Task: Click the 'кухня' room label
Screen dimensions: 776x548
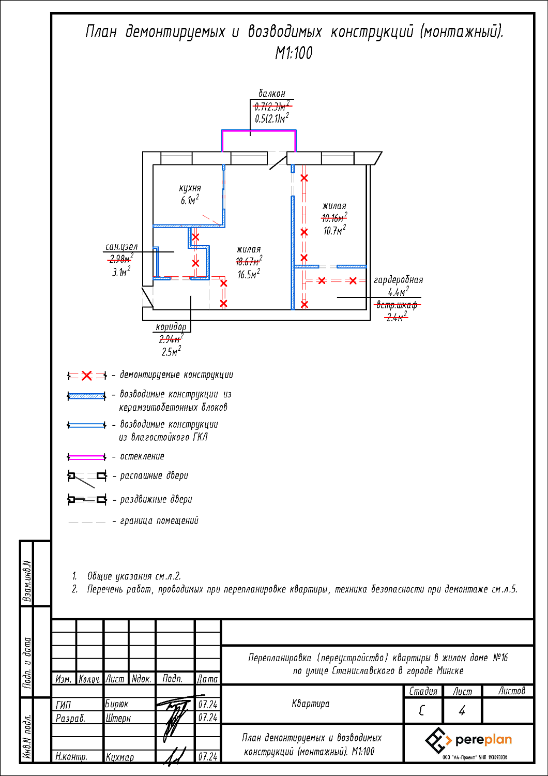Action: [x=190, y=188]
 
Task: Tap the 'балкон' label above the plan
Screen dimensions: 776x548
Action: [x=272, y=94]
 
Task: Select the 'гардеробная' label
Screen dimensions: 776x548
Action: [x=398, y=280]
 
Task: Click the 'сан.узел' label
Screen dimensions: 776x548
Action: [x=121, y=247]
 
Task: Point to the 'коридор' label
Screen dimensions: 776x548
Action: [x=171, y=327]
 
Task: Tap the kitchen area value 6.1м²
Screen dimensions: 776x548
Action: [x=190, y=200]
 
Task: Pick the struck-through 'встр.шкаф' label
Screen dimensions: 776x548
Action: [x=397, y=305]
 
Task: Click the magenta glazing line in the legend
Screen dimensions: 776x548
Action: [x=86, y=457]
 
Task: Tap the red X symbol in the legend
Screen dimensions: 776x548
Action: [x=87, y=376]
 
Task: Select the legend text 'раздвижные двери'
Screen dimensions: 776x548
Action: [x=156, y=500]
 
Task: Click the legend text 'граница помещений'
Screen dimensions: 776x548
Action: [x=159, y=521]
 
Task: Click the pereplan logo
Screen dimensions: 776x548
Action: [x=468, y=740]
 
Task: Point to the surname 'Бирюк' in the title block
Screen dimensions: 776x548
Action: [x=117, y=704]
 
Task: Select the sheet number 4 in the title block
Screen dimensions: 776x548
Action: [x=462, y=711]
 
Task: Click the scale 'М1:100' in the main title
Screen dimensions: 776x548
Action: [x=294, y=53]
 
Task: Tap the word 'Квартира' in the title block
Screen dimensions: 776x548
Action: [x=310, y=704]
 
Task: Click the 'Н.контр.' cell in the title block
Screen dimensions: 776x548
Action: [x=71, y=757]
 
